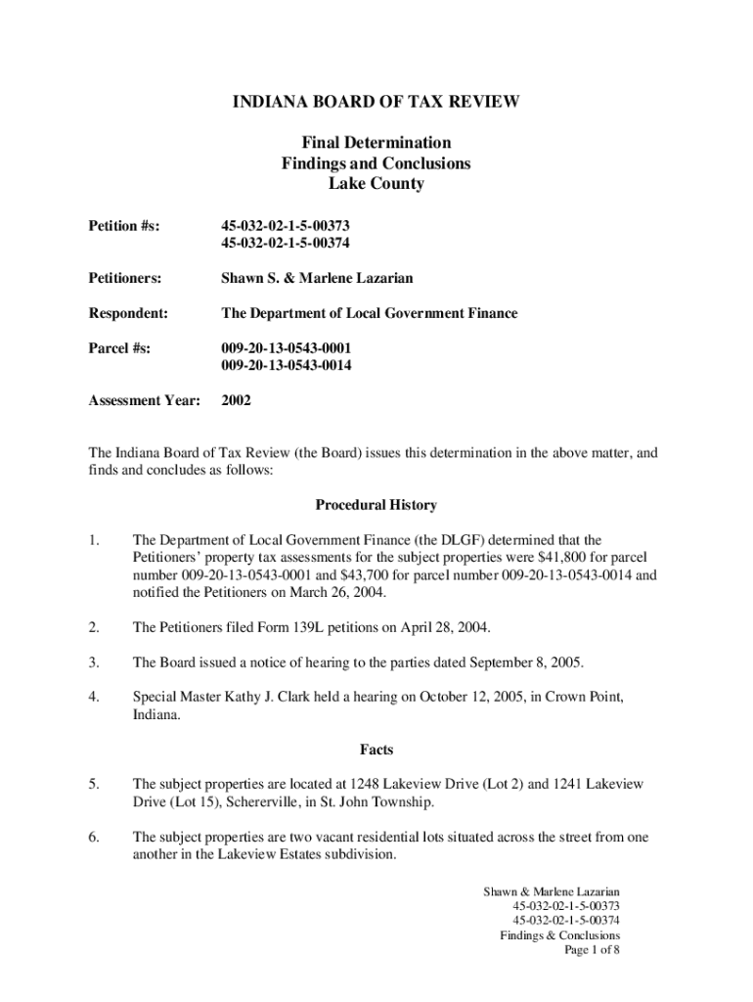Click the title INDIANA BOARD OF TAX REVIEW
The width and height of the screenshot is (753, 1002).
pyautogui.click(x=376, y=101)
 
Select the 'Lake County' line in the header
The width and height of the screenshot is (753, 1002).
pyautogui.click(x=376, y=184)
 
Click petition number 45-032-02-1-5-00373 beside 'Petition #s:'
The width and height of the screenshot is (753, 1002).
pyautogui.click(x=286, y=226)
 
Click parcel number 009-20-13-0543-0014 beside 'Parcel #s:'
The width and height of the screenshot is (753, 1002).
pyautogui.click(x=287, y=365)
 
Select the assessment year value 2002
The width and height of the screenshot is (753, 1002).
pyautogui.click(x=238, y=400)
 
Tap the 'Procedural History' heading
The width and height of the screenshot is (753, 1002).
pyautogui.click(x=376, y=505)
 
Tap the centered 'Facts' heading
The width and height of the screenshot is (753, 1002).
pyautogui.click(x=376, y=750)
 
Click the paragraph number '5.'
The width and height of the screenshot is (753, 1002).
pyautogui.click(x=94, y=785)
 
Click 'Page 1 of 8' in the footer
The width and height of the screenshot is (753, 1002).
pyautogui.click(x=592, y=950)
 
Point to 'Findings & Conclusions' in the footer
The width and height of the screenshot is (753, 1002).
pyautogui.click(x=559, y=935)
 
